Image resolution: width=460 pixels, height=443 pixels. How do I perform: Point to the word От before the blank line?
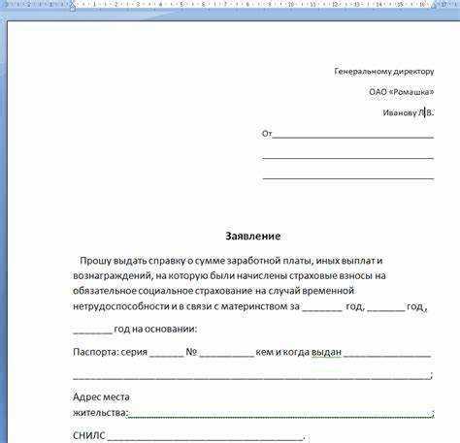tap(267, 134)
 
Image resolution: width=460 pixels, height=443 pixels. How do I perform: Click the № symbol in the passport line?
tap(192, 352)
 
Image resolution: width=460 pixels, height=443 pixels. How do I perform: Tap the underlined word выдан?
tap(326, 352)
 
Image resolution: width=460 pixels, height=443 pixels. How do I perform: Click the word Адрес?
tap(87, 397)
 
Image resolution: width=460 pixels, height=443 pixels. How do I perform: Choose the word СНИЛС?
tap(88, 435)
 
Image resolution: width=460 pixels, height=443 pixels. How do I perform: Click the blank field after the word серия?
tap(166, 355)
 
